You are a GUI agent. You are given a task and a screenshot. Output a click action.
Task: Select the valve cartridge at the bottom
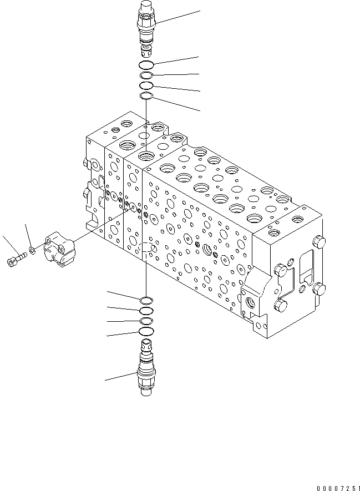point(145,369)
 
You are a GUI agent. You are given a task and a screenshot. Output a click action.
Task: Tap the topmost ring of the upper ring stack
point(146,66)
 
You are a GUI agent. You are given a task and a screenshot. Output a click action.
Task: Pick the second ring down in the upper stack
point(146,76)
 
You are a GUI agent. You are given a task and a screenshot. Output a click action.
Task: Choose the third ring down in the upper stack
point(146,86)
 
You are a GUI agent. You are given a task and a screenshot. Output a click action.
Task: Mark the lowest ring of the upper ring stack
point(146,97)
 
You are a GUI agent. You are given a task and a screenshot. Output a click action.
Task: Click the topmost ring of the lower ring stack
point(146,301)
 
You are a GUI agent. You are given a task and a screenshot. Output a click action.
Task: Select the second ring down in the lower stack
point(146,311)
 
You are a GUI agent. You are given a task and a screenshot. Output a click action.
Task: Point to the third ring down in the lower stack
point(146,321)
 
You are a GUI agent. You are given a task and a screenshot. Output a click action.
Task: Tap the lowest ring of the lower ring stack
point(146,332)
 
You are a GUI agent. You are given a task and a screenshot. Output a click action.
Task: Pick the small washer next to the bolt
point(32,251)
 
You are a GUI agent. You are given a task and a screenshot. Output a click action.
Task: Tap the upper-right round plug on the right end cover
point(319,241)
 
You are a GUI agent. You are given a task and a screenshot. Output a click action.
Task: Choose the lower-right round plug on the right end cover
point(319,289)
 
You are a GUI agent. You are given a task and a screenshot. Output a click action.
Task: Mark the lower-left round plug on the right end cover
point(281,305)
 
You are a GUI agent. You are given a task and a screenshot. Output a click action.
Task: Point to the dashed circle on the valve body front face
point(145,252)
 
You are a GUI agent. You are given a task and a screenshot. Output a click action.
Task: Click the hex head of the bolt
point(12,261)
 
